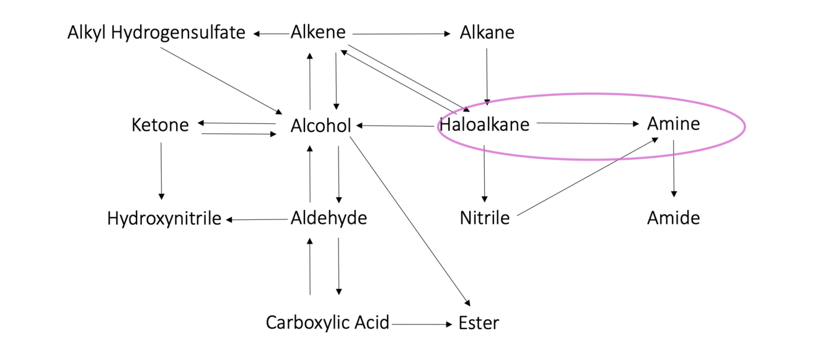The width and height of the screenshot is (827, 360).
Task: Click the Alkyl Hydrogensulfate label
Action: pos(156,33)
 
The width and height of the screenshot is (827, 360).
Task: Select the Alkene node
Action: pos(318,32)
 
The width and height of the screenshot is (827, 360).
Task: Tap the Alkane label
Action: pos(487,32)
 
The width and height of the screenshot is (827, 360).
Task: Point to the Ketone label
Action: pos(160,125)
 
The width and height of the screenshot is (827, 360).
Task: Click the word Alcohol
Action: pos(321,126)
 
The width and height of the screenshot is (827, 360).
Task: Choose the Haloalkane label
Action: pos(484,125)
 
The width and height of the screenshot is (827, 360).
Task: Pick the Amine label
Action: pos(673,123)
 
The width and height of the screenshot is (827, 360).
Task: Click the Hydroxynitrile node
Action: pos(164,218)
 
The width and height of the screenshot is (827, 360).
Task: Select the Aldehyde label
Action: pos(329,218)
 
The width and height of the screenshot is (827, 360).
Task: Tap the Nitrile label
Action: pos(484,218)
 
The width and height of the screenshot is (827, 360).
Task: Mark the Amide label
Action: pos(673,218)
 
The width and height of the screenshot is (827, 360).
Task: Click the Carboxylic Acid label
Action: pos(327,323)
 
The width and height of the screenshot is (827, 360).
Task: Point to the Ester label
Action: pos(479,323)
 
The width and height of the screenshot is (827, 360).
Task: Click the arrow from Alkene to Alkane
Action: pos(401,34)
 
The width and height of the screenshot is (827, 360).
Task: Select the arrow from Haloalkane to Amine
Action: pos(588,123)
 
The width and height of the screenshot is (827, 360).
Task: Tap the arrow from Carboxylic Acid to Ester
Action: pos(422,325)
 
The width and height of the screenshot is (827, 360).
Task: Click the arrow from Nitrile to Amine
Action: pos(588,177)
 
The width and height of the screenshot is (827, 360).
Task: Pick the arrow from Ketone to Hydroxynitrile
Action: pos(161,171)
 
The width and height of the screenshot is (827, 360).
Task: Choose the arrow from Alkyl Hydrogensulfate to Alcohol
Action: pos(221,81)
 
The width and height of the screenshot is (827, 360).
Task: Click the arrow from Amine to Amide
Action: pos(674,169)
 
